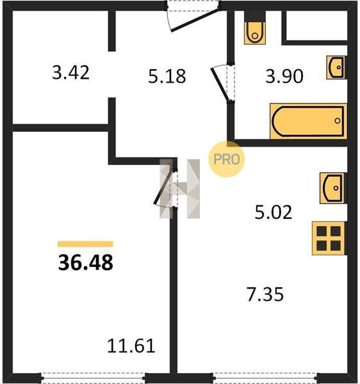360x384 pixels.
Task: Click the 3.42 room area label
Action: coord(70,73)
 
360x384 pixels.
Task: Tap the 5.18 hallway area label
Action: coord(167,76)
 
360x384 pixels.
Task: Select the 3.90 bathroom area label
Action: coord(284,76)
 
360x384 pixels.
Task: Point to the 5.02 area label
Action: coord(274,212)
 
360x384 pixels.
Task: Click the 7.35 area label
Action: coord(265,294)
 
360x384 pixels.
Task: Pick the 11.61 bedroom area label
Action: coord(131,346)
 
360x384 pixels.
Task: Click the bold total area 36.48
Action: coord(86,262)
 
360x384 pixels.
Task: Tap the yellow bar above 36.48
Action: coord(85,244)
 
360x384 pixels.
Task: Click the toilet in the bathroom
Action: coord(255,33)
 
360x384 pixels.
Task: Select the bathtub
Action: coord(309,121)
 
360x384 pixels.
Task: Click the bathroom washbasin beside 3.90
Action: coord(336,67)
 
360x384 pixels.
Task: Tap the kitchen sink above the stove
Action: coord(333,188)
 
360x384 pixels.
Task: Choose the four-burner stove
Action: coord(329,238)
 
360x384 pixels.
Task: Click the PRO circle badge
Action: coord(226,159)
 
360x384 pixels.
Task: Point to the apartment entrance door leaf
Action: coord(195,20)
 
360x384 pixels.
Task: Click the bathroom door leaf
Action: coord(220,84)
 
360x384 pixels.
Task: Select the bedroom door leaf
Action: coord(163,188)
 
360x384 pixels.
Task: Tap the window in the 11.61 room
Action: coord(93,378)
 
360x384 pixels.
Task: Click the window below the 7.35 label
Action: coord(266,378)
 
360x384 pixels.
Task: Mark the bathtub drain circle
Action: coord(337,121)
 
